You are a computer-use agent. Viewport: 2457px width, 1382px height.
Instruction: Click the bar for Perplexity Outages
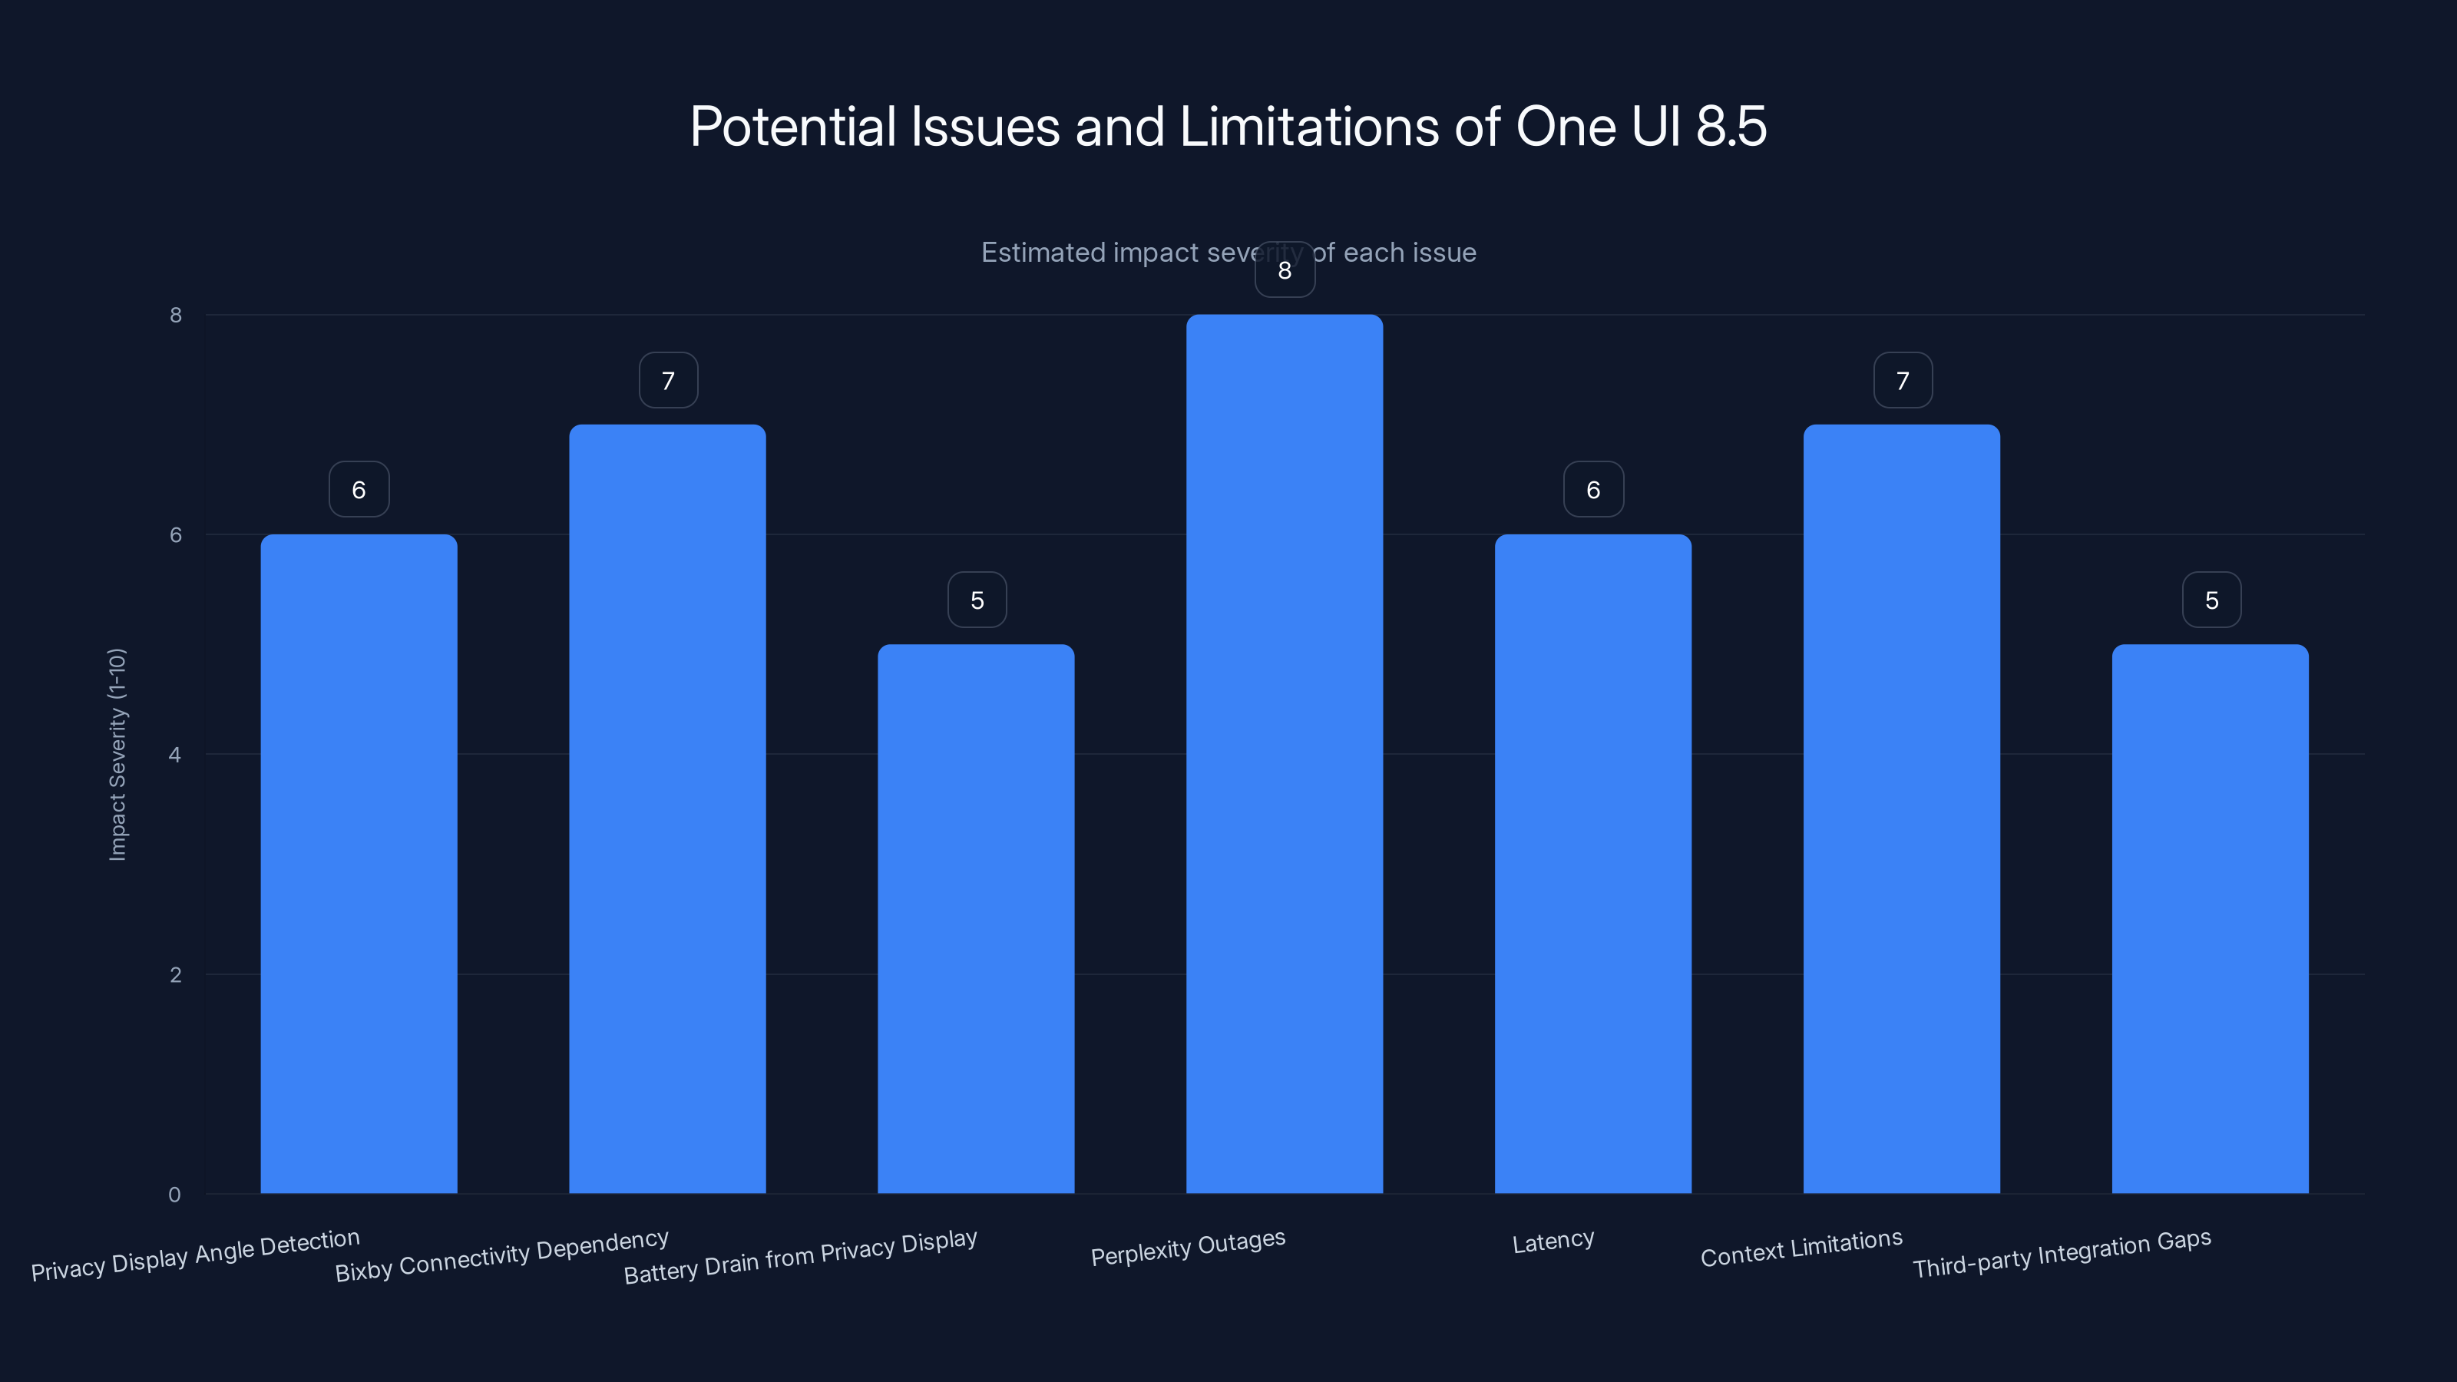click(x=1284, y=753)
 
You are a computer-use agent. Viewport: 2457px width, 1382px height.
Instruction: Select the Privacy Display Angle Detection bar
click(x=359, y=863)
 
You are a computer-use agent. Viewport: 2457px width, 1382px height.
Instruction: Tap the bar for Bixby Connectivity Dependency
click(x=668, y=808)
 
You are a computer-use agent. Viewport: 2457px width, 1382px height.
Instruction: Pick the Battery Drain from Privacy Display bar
click(x=976, y=918)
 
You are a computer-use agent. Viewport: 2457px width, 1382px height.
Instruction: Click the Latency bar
click(x=1593, y=863)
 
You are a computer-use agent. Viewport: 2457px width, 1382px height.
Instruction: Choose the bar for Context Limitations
click(x=1901, y=808)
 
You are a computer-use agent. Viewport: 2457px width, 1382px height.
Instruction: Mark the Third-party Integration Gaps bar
click(x=2210, y=918)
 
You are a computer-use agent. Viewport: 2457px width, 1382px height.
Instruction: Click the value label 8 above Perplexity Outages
click(x=1285, y=271)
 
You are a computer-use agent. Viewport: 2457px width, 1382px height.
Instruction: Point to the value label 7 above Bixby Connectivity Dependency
click(x=669, y=382)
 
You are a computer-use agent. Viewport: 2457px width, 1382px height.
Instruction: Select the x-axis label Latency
click(x=1553, y=1241)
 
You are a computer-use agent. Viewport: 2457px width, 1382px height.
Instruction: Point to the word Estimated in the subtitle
click(x=1043, y=253)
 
